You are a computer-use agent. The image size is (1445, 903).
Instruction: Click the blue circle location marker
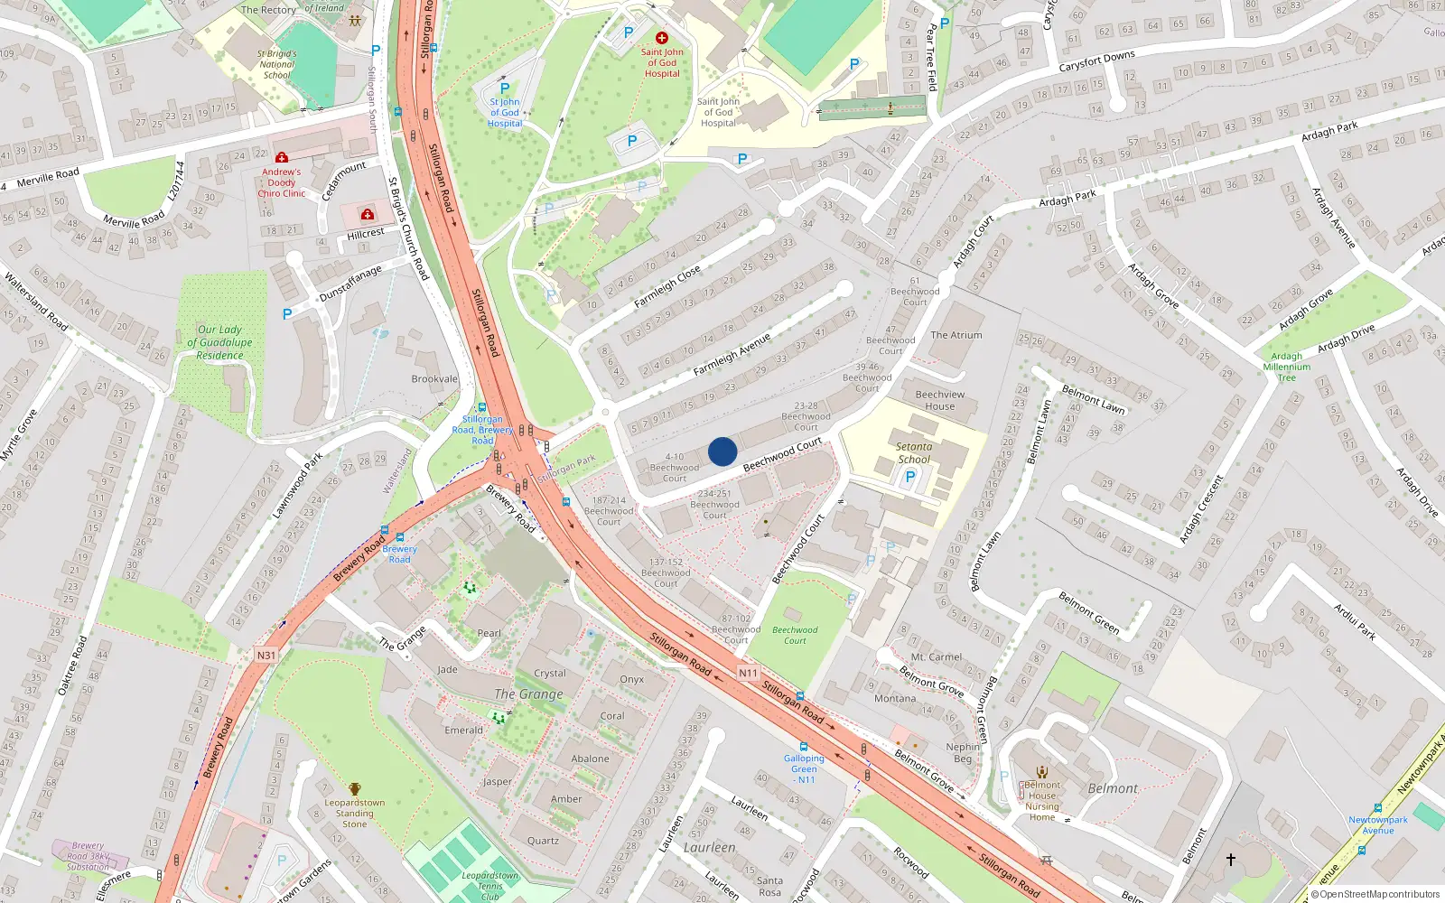[722, 451]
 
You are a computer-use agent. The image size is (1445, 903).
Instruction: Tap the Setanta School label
[913, 452]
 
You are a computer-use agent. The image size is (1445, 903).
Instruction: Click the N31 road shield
[266, 656]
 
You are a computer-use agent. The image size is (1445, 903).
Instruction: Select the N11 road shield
[748, 673]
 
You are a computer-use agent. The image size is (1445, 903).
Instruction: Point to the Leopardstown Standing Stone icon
[355, 788]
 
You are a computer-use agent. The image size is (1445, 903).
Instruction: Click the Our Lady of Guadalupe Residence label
[219, 342]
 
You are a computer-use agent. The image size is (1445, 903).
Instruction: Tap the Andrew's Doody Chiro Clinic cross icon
[282, 157]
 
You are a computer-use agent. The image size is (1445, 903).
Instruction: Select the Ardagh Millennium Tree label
[1287, 367]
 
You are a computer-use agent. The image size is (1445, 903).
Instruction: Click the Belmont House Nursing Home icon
[1042, 772]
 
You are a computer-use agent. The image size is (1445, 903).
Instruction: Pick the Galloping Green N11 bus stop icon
[803, 747]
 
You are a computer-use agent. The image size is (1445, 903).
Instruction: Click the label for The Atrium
[956, 335]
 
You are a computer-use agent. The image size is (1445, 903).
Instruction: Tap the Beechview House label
[940, 400]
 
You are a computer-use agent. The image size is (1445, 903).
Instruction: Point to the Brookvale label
[434, 379]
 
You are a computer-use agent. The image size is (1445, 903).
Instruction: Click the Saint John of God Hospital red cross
[662, 38]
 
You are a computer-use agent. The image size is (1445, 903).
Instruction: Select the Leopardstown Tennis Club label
[489, 886]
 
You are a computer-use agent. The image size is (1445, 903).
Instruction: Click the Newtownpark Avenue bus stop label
[1378, 825]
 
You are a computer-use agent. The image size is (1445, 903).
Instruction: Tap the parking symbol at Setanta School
[910, 477]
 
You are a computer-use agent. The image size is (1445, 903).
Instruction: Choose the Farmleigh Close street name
[667, 287]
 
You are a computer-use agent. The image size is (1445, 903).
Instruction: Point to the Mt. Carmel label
[937, 657]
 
